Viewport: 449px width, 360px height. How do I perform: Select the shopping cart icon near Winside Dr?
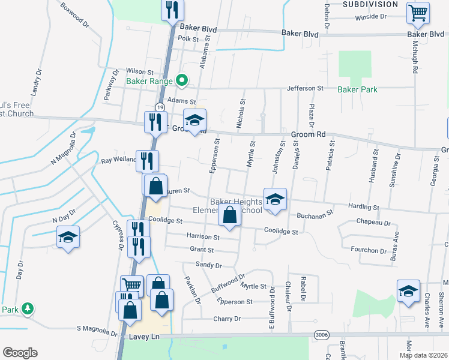click(418, 13)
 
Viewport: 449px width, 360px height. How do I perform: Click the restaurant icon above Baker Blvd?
click(170, 10)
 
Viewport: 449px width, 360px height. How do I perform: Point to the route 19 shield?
click(160, 107)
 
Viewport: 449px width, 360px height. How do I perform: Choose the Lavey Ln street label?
click(142, 338)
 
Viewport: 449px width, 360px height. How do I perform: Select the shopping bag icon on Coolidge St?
click(230, 215)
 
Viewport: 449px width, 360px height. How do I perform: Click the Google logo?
click(20, 352)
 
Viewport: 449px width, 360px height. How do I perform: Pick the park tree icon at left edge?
click(27, 308)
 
